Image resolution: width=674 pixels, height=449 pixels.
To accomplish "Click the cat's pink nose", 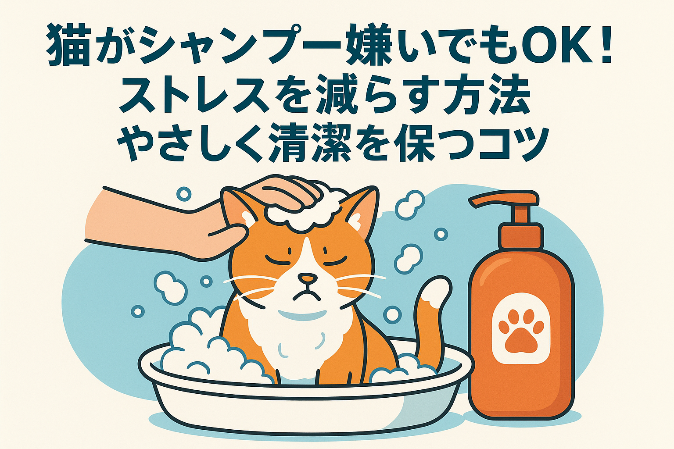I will [308, 278].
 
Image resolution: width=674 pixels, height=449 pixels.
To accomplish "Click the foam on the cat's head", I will [303, 213].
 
